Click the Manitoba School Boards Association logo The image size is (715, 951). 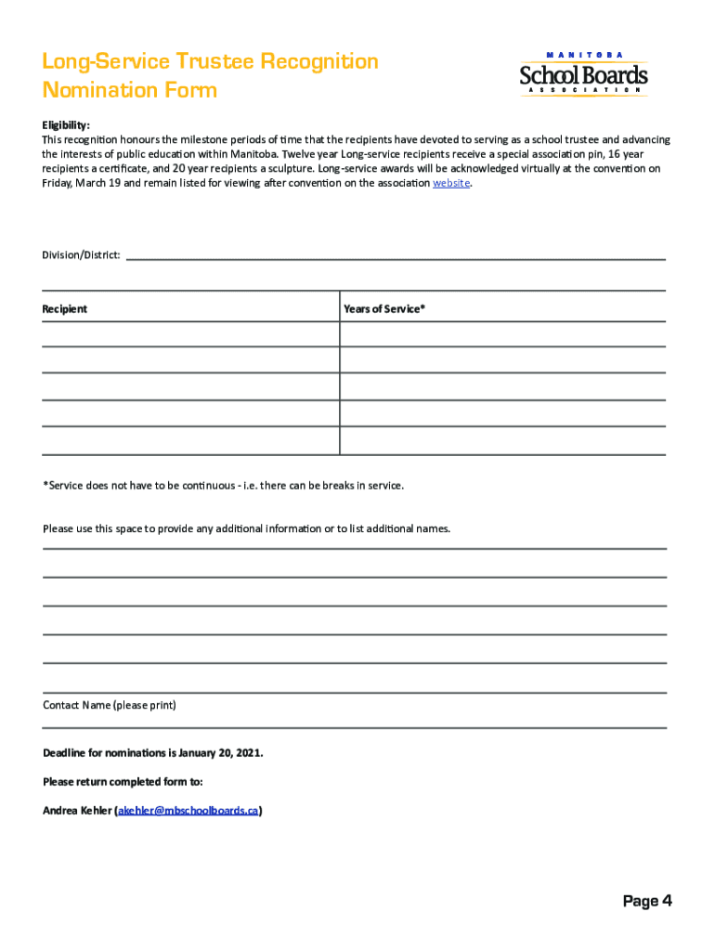(x=583, y=74)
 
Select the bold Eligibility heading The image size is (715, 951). (x=66, y=125)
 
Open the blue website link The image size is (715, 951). (x=452, y=184)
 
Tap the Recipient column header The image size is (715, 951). (x=65, y=309)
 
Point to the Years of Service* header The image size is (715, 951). (x=384, y=309)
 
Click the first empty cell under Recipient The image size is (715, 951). (x=190, y=334)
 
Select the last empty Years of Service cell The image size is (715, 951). (x=502, y=441)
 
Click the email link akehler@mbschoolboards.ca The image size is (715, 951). (x=188, y=811)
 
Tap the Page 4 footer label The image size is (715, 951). (x=647, y=901)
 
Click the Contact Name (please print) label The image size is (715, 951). (x=110, y=706)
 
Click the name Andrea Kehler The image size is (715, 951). (x=77, y=811)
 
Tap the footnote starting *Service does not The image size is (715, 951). (x=223, y=486)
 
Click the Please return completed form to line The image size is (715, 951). (x=123, y=782)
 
